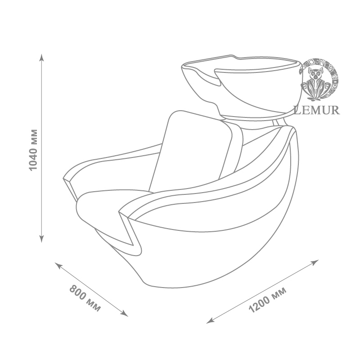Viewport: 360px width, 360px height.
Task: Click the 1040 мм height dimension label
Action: pyautogui.click(x=33, y=150)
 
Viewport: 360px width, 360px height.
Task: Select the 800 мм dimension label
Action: pyautogui.click(x=85, y=298)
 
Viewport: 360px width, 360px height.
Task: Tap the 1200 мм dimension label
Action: pyautogui.click(x=268, y=300)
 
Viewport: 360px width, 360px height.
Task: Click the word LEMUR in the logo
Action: pyautogui.click(x=317, y=110)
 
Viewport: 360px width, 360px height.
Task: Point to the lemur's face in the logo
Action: pyautogui.click(x=315, y=73)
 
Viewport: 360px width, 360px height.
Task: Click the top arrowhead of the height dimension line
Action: pyautogui.click(x=41, y=57)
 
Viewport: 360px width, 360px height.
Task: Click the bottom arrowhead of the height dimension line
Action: pyautogui.click(x=41, y=239)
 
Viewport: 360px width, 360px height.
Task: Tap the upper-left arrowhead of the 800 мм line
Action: pyautogui.click(x=58, y=265)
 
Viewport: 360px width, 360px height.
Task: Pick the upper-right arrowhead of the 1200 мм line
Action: pyautogui.click(x=315, y=262)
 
